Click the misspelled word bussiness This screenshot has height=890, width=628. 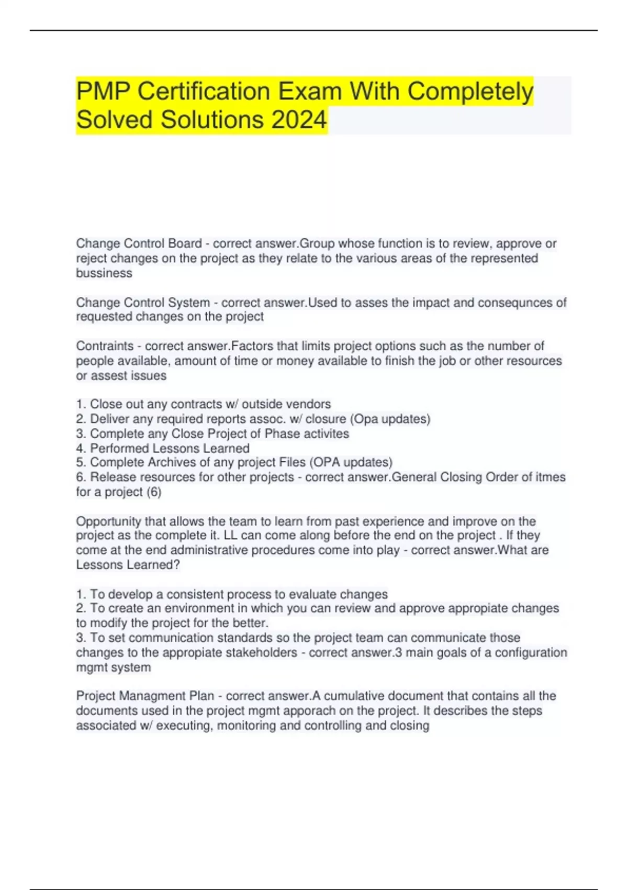coord(104,273)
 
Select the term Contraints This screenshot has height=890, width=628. coord(105,346)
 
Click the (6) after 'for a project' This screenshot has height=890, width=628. coord(153,492)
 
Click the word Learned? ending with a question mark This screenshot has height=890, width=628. coord(154,565)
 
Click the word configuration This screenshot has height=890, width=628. coord(531,653)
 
